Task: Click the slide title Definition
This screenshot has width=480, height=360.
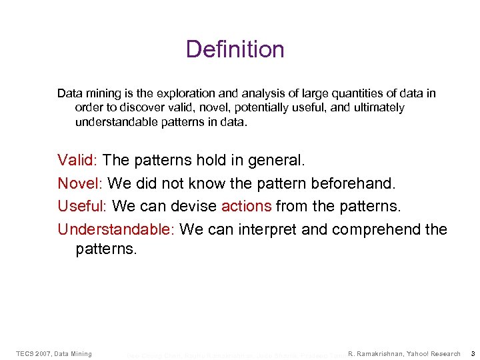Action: pos(235,49)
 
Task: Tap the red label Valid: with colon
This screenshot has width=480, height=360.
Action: pos(78,160)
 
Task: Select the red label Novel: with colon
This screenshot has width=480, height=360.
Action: pos(80,183)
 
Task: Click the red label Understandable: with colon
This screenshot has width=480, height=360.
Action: pos(116,229)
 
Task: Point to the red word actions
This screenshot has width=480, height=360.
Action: pos(246,206)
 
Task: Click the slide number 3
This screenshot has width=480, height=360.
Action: pos(472,353)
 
